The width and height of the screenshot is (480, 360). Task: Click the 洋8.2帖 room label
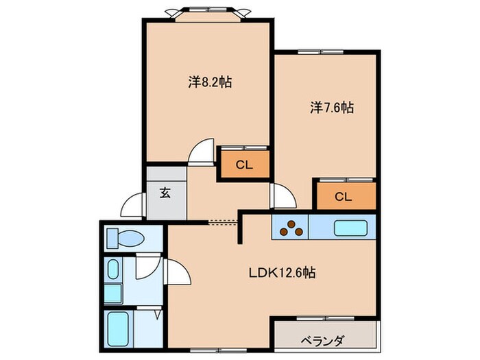[210, 83]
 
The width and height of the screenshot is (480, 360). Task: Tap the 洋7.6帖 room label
[331, 108]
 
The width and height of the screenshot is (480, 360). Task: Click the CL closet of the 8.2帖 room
[243, 165]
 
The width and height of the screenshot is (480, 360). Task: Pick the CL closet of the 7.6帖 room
[344, 196]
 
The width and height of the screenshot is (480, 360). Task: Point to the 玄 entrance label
[165, 193]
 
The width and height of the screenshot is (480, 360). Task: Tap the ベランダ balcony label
[322, 341]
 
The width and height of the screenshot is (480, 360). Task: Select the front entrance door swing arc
[133, 206]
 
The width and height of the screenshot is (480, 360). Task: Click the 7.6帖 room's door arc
[280, 197]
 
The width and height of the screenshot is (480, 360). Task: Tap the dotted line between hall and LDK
[222, 221]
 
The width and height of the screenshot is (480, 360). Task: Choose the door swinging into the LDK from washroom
[178, 274]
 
